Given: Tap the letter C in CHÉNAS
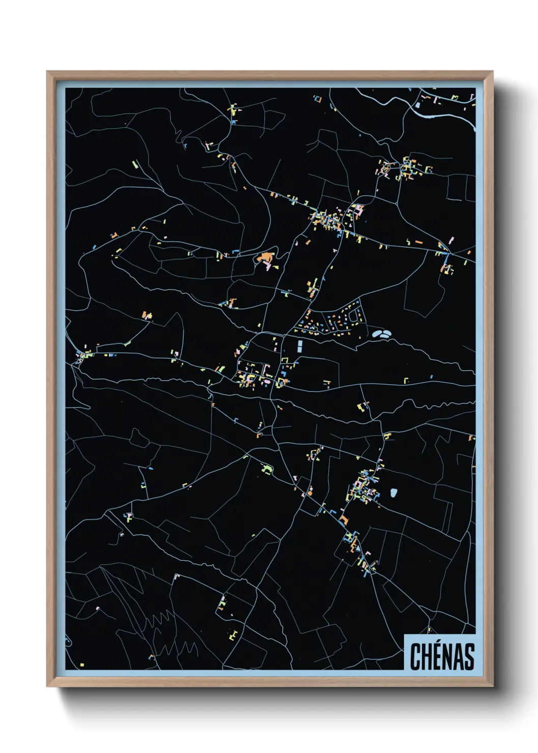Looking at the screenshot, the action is [415, 656].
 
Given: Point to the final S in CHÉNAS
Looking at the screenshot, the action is [469, 656].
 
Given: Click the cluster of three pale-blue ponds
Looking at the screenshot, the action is [381, 334].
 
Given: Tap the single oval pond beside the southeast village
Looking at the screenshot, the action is [394, 493].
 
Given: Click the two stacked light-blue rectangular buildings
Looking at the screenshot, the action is [300, 347].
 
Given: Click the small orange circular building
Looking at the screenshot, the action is [275, 267].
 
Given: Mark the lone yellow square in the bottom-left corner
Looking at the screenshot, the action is [82, 664].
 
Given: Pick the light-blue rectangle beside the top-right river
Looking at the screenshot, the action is [418, 105].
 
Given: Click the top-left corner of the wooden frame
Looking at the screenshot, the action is [47, 72].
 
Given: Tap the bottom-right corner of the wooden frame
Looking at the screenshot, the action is [492, 686].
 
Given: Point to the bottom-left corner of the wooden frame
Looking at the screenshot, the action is [47, 686].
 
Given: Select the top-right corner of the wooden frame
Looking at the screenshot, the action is [492, 72].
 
